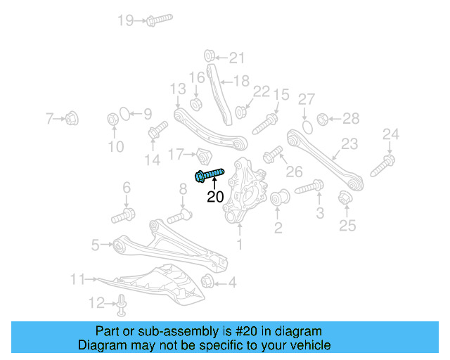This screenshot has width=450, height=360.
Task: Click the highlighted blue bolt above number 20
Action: (x=208, y=174)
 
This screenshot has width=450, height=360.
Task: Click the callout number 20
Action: (x=215, y=197)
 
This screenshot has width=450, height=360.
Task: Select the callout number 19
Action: (x=126, y=20)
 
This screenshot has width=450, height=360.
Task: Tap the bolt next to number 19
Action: (x=158, y=20)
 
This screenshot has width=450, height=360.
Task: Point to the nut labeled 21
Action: (x=210, y=56)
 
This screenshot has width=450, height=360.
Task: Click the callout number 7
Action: (x=49, y=119)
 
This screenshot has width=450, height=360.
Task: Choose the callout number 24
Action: (x=390, y=134)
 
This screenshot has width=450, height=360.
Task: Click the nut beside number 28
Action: (x=323, y=118)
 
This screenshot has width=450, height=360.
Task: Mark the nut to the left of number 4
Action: (x=207, y=283)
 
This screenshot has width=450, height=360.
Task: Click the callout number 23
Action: (x=349, y=145)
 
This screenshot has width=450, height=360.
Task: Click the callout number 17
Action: (x=175, y=153)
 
